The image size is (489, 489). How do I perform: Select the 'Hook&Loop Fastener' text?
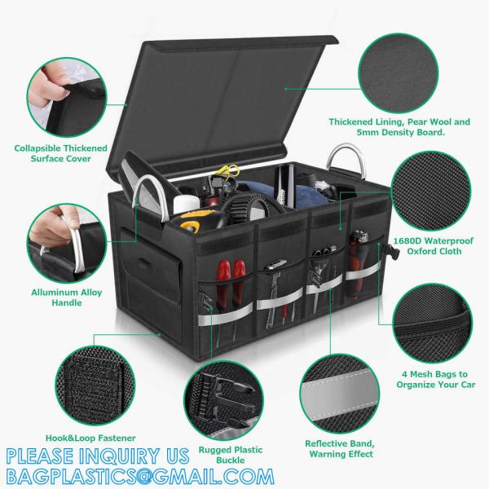(55, 438)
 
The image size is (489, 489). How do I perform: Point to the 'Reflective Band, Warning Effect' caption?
(339, 448)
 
